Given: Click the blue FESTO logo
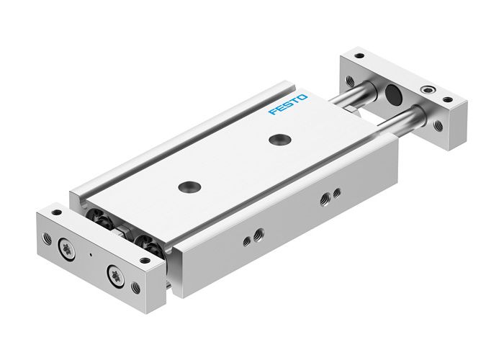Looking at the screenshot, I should [x=288, y=104].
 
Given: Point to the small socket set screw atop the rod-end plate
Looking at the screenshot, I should [x=430, y=91].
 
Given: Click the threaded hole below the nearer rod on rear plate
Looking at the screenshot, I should [x=438, y=125].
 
